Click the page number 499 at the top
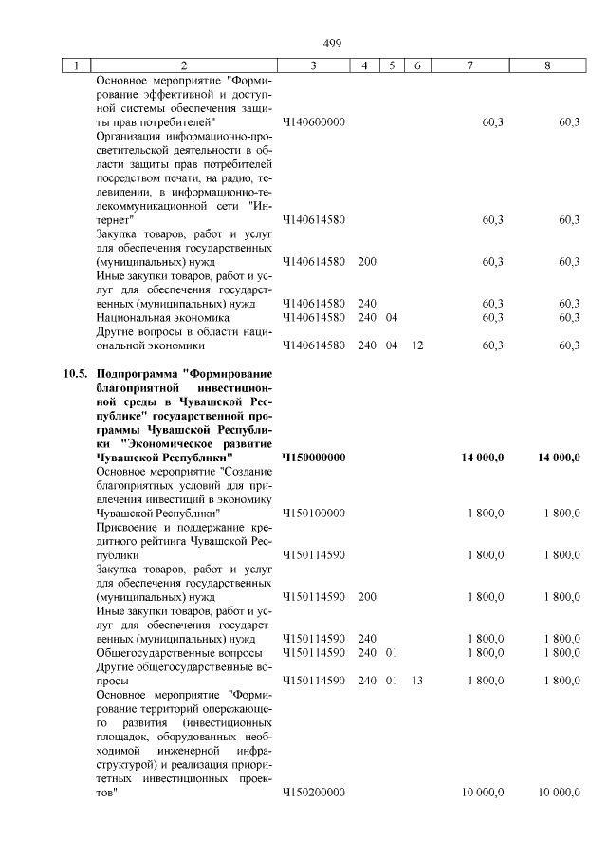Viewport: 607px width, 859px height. [332, 43]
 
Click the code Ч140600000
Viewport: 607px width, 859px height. [313, 122]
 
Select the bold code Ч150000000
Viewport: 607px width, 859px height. [314, 458]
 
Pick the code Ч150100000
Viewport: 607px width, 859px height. [313, 513]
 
